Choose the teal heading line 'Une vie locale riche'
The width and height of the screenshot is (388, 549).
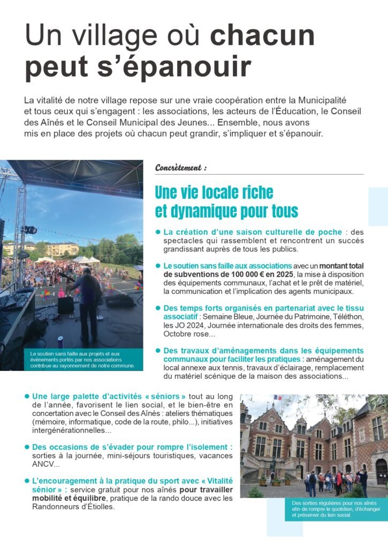click(214, 192)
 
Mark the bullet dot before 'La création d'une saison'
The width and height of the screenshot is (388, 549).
click(158, 232)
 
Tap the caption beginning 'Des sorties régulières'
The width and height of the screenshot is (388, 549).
click(328, 509)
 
